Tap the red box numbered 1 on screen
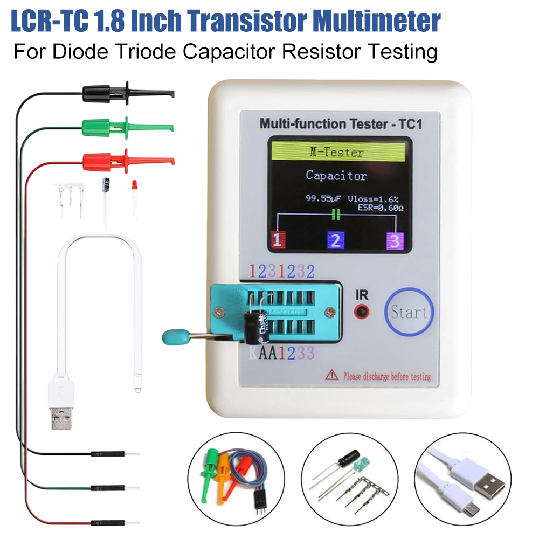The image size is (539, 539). click(277, 240)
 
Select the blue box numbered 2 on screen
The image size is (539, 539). click(335, 240)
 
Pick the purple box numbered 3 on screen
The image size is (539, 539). click(395, 240)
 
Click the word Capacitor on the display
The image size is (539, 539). click(336, 175)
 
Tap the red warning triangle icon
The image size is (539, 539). click(331, 376)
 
